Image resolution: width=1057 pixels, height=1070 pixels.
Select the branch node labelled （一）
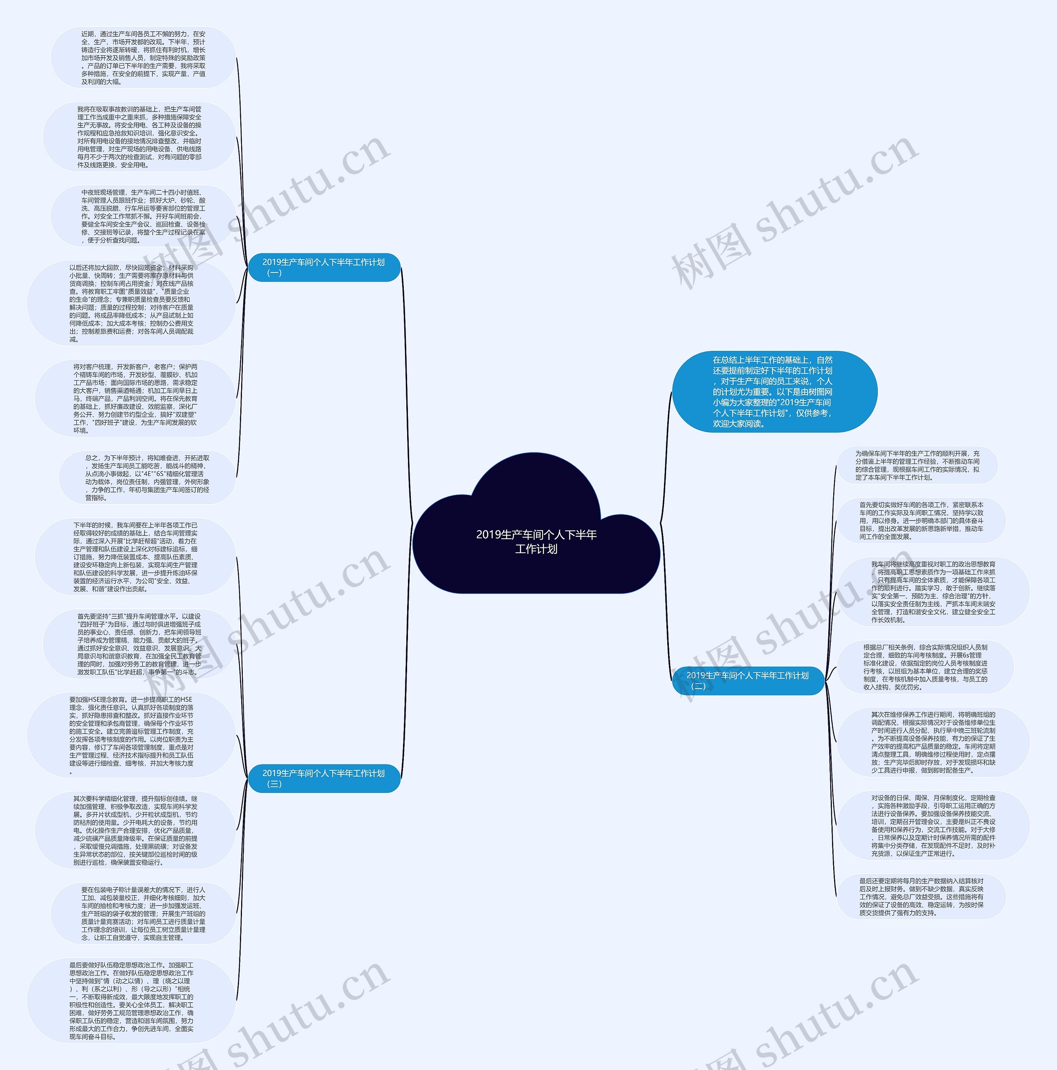(x=324, y=267)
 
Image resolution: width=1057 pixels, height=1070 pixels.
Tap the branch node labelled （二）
(x=748, y=681)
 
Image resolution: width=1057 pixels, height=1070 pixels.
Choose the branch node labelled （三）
(x=324, y=778)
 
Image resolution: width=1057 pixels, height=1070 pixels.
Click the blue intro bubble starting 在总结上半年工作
(x=774, y=392)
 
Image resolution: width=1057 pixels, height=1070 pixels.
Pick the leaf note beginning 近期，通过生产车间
(x=143, y=58)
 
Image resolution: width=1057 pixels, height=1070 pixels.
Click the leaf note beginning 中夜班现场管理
(x=143, y=216)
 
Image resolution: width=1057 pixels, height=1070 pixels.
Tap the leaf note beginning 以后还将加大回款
(x=131, y=303)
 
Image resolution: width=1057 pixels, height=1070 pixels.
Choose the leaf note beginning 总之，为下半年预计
(x=147, y=477)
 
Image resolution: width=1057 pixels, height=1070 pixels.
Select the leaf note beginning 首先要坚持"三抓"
(x=139, y=644)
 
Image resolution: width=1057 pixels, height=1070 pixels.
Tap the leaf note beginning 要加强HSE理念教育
(x=131, y=734)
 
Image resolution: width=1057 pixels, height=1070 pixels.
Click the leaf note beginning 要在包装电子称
(x=143, y=913)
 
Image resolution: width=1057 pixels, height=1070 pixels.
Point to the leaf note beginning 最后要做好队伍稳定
(x=131, y=1000)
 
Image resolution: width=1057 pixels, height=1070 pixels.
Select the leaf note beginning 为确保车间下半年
(x=917, y=465)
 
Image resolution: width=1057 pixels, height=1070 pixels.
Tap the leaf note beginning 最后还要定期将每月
(x=921, y=896)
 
